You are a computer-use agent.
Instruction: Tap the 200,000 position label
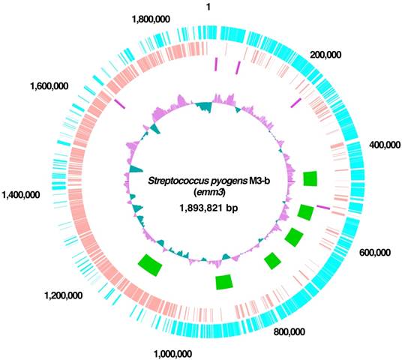(x=325, y=56)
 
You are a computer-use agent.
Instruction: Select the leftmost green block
(x=151, y=263)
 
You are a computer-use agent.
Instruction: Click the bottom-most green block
(x=223, y=281)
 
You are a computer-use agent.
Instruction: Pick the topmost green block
(x=309, y=178)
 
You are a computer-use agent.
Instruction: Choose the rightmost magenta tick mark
(x=323, y=207)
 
